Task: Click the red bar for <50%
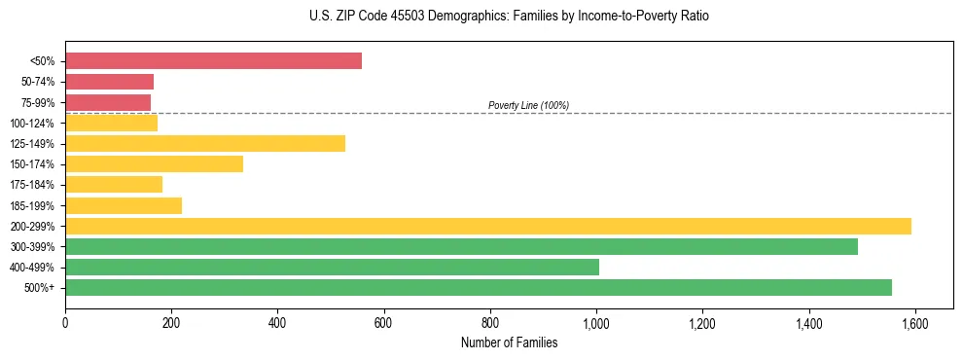click(213, 61)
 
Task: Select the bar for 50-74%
click(109, 82)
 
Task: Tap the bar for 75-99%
click(108, 102)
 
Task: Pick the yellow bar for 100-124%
click(111, 124)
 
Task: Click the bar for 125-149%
click(205, 144)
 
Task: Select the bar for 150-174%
click(154, 164)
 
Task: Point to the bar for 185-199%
click(124, 205)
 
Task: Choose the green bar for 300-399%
click(461, 246)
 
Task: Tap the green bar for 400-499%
click(332, 267)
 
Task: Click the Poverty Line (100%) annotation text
click(528, 105)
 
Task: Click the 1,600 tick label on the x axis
click(914, 323)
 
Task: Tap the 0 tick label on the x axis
click(65, 323)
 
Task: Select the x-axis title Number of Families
click(509, 342)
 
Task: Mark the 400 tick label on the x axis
click(277, 323)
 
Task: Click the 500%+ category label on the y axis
click(40, 288)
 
